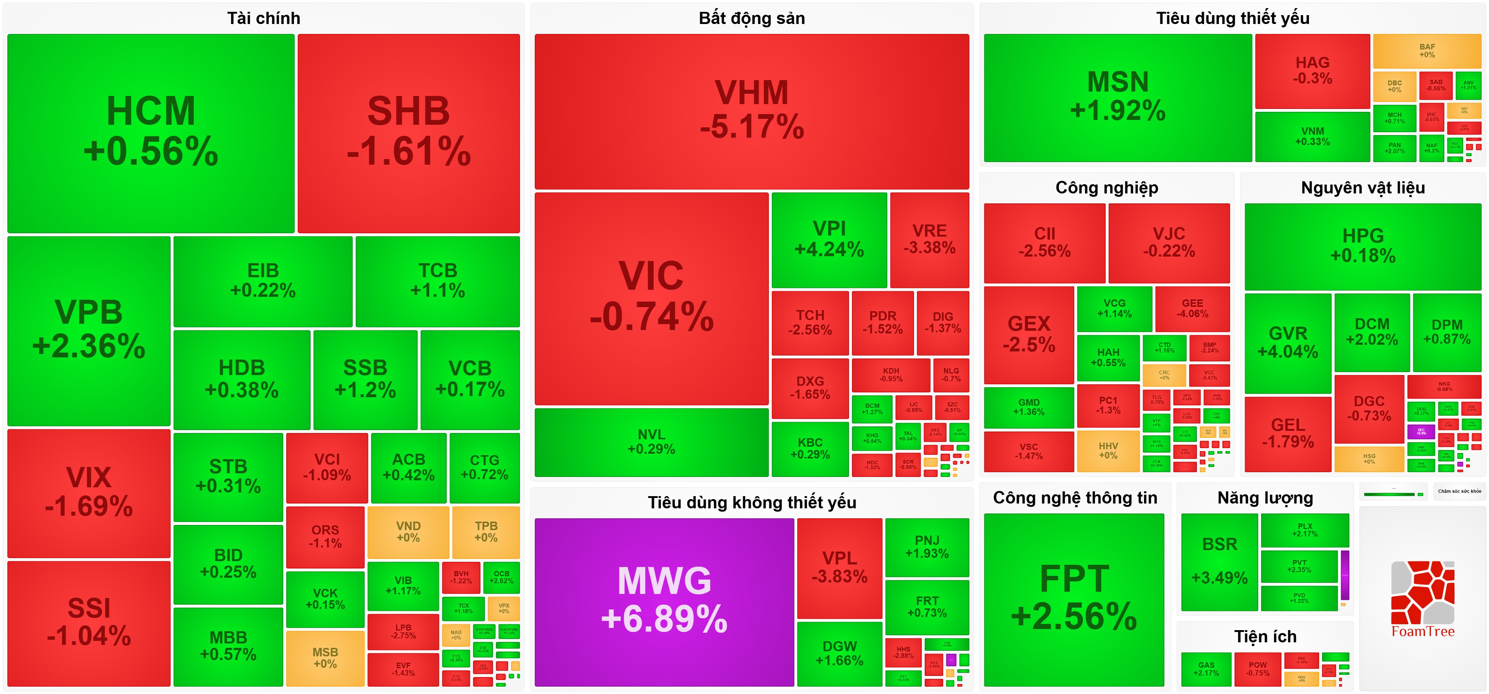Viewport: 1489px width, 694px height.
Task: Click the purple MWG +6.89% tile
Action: click(x=664, y=601)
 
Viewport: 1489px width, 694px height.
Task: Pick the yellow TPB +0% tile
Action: click(x=486, y=532)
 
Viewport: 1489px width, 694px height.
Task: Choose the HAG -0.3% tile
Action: click(x=1312, y=71)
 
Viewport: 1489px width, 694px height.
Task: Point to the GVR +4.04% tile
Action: click(x=1287, y=343)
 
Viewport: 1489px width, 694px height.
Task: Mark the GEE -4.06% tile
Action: click(x=1192, y=308)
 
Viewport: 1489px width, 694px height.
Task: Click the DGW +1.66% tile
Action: click(x=839, y=653)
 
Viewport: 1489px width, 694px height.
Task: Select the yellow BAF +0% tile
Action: click(x=1427, y=51)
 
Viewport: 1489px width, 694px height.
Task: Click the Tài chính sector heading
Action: click(x=264, y=18)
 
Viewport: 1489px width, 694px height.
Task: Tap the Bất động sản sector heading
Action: click(x=752, y=18)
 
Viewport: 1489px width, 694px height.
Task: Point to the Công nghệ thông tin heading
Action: click(x=1075, y=498)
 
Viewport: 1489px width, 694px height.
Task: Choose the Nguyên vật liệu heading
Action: click(x=1362, y=188)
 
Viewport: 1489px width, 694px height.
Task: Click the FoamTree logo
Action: click(x=1423, y=601)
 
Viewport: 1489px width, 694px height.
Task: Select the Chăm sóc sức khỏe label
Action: click(x=1459, y=491)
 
